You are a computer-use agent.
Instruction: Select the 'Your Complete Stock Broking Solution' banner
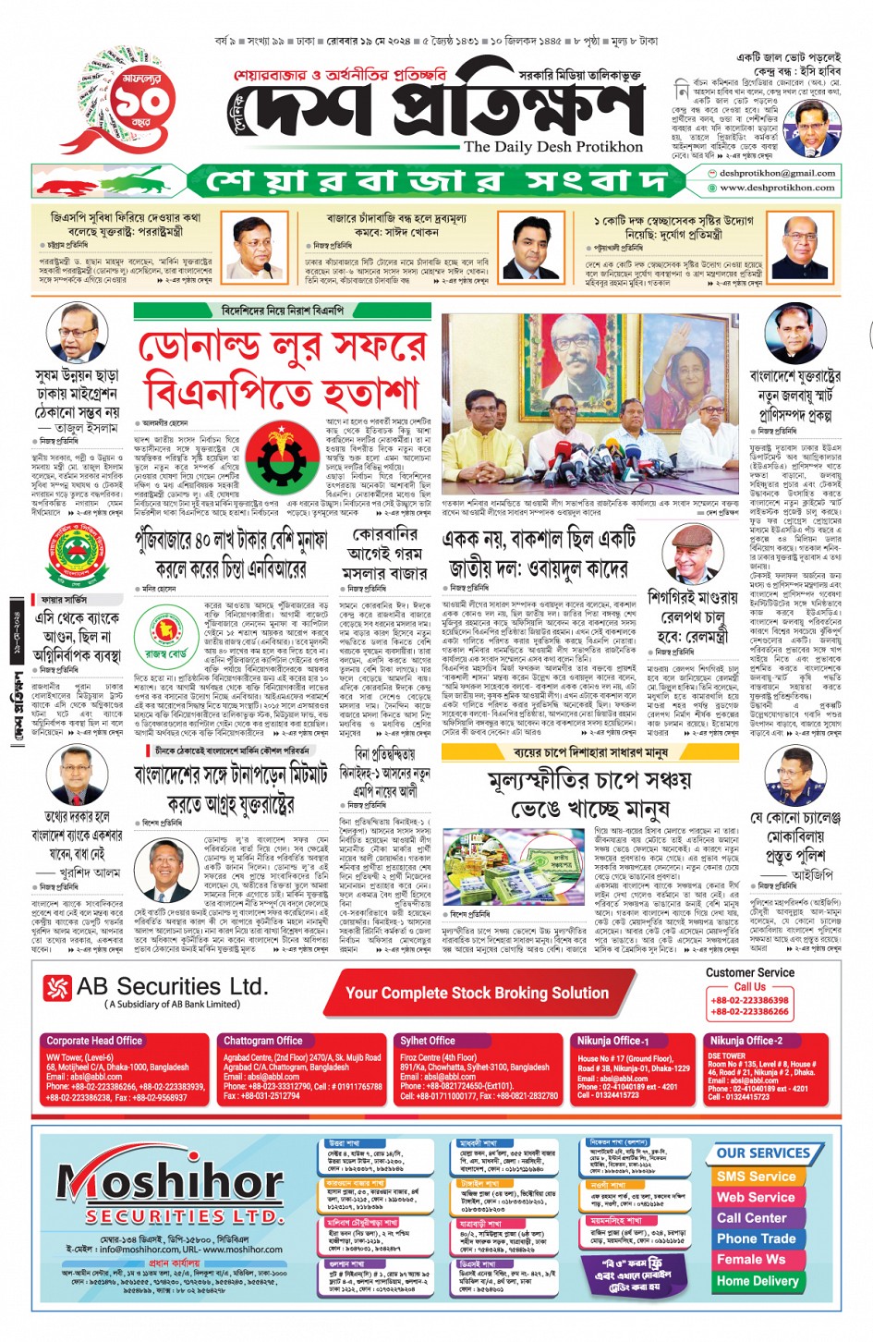point(477,994)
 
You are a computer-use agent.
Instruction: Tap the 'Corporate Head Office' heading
point(94,1041)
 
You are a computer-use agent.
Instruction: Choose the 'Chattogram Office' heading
point(262,1041)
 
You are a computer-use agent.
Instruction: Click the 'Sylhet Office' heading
point(428,1041)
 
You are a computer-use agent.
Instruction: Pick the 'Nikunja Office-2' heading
point(746,1041)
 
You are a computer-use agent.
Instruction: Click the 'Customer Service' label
point(749,972)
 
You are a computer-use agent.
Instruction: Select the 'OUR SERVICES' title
point(762,1153)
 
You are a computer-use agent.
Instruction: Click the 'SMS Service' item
point(755,1177)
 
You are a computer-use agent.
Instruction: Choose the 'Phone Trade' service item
point(756,1238)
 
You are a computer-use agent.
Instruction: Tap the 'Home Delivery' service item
point(757,1281)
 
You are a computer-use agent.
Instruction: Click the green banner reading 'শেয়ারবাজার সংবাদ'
point(434,180)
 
